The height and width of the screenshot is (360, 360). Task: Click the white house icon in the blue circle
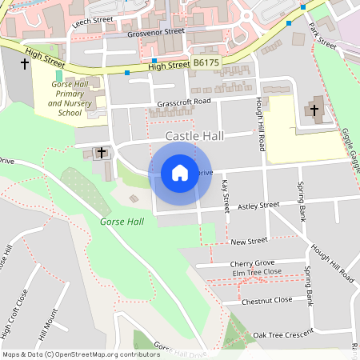[180, 173]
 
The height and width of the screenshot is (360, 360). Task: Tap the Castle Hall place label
[194, 137]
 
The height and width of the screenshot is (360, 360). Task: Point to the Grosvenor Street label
[162, 32]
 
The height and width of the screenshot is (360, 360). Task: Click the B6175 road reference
[206, 62]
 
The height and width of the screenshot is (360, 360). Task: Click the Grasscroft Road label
[183, 102]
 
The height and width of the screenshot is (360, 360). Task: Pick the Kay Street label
[225, 195]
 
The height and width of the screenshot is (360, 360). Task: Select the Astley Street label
[258, 206]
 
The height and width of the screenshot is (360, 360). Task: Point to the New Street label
[248, 241]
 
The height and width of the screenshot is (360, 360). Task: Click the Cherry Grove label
[252, 263]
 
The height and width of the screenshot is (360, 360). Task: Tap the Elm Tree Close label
[257, 273]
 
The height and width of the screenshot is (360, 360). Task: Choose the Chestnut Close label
[266, 300]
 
